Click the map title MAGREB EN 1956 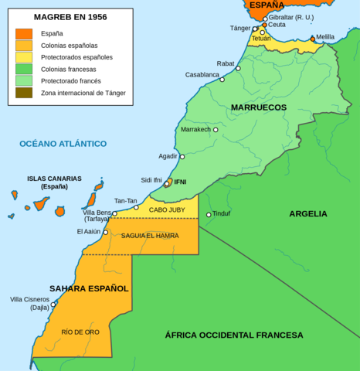pyautogui.click(x=70, y=16)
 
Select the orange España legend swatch pyautogui.click(x=24, y=34)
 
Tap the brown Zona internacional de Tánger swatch pyautogui.click(x=24, y=93)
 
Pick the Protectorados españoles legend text pyautogui.click(x=76, y=57)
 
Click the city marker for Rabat pyautogui.click(x=238, y=69)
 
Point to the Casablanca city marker pyautogui.click(x=222, y=80)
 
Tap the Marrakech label pyautogui.click(x=195, y=130)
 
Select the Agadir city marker pyautogui.click(x=182, y=157)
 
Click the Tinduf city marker pyautogui.click(x=209, y=215)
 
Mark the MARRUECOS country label pyautogui.click(x=258, y=107)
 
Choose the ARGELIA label pyautogui.click(x=308, y=214)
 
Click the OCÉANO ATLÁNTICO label pyautogui.click(x=63, y=144)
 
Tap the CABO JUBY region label pyautogui.click(x=167, y=209)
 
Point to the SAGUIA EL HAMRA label pyautogui.click(x=150, y=236)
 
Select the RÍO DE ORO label pyautogui.click(x=80, y=332)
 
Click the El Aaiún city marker pyautogui.click(x=106, y=232)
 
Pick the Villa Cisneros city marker pyautogui.click(x=53, y=304)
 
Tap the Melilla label pyautogui.click(x=325, y=37)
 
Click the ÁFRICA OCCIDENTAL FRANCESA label pyautogui.click(x=233, y=335)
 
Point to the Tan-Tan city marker pyautogui.click(x=136, y=207)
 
